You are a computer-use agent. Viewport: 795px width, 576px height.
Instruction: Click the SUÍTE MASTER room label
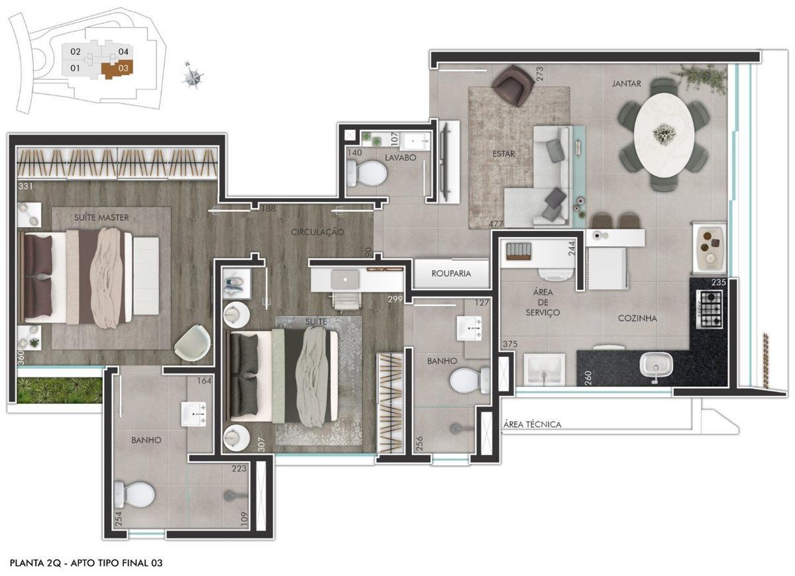pos(101,217)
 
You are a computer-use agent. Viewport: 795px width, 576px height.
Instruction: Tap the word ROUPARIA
pos(451,273)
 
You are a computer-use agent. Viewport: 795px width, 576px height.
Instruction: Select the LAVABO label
pos(400,158)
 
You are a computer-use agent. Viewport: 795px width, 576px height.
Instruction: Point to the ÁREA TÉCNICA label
pos(532,424)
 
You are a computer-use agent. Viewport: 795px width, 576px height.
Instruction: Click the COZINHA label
pos(637,318)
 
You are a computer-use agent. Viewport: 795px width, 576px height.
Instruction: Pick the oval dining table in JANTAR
pos(664,134)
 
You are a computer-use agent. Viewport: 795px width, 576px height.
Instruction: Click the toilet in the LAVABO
pos(366,175)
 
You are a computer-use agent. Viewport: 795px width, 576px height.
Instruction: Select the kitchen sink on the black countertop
pos(655,365)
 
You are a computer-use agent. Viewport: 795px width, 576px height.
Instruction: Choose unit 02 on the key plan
pos(76,52)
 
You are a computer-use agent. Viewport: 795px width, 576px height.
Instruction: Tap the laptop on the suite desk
pos(344,279)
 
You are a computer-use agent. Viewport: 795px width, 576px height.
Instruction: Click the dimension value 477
pos(494,224)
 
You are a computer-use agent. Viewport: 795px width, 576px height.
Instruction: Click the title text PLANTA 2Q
pos(36,563)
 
